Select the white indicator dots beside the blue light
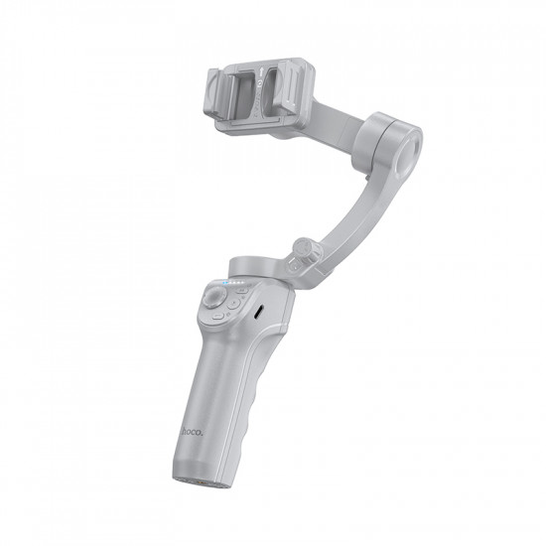(x=239, y=284)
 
